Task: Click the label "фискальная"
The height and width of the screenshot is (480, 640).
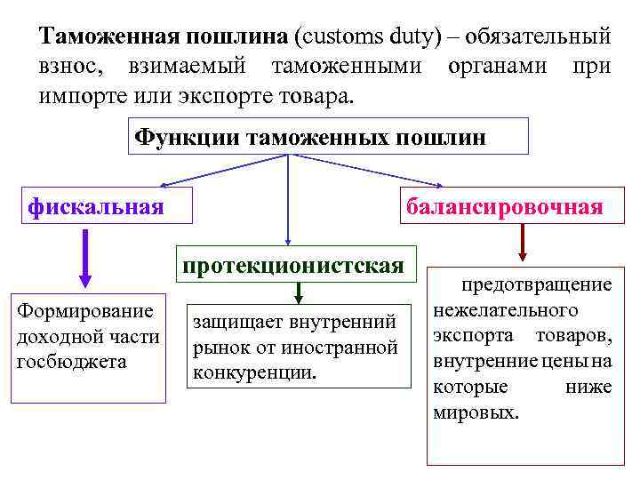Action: pyautogui.click(x=96, y=207)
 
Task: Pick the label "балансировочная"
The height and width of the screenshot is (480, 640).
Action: pyautogui.click(x=504, y=207)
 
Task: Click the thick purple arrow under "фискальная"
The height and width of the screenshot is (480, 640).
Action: pyautogui.click(x=85, y=257)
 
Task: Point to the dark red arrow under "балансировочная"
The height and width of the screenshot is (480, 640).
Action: pyautogui.click(x=523, y=242)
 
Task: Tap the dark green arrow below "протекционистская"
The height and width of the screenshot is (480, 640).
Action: pyautogui.click(x=300, y=292)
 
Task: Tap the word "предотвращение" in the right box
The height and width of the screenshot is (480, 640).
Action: pyautogui.click(x=536, y=285)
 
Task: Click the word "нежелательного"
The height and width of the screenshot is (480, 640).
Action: pyautogui.click(x=505, y=310)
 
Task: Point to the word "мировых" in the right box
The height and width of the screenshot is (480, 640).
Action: pyautogui.click(x=476, y=413)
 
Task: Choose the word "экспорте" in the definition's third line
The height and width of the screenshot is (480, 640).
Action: pyautogui.click(x=221, y=94)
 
